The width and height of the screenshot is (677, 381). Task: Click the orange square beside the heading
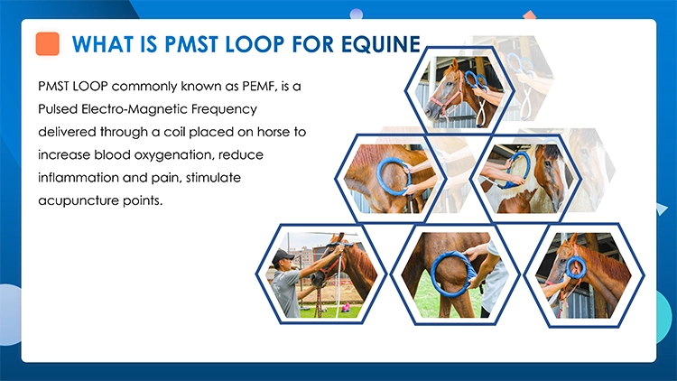pyautogui.click(x=47, y=43)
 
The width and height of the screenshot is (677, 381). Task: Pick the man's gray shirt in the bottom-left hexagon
pyautogui.click(x=286, y=293)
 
